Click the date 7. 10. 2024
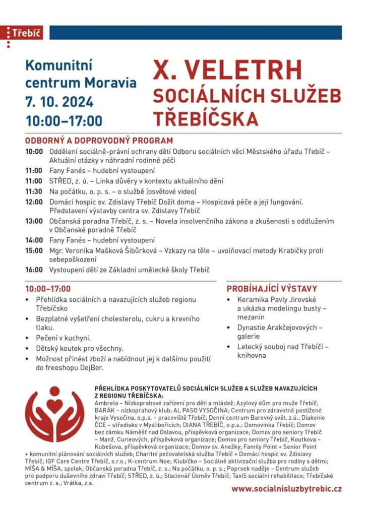pos(59,102)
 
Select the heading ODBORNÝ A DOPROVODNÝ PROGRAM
pos(99,141)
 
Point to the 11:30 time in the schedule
pos(34,191)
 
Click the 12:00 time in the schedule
pos(34,202)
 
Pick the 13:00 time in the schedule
pos(34,221)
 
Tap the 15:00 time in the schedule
pos(34,250)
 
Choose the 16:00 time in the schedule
pos(34,270)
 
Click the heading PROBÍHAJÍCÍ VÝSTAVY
pos(272,289)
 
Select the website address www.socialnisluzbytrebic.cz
pos(287,488)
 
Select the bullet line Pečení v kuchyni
pos(63,338)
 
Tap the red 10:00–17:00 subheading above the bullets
pos(48,289)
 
